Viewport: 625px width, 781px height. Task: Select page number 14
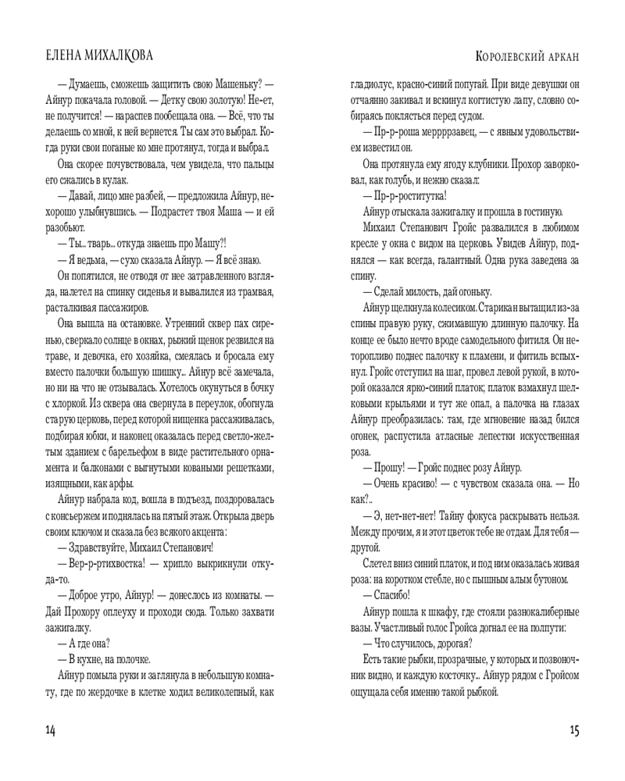tap(51, 730)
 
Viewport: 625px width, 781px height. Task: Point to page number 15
tap(574, 730)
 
